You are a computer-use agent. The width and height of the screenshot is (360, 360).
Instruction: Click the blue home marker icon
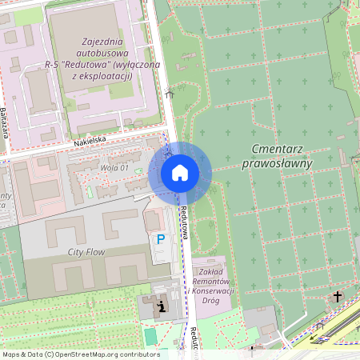point(179,173)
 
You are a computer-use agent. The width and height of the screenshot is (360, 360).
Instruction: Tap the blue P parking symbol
point(161,238)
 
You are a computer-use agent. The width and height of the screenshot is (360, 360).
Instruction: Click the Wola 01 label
point(113,167)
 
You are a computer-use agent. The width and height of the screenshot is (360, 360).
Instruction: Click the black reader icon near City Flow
point(162,305)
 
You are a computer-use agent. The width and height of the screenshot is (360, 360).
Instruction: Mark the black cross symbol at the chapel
point(337,297)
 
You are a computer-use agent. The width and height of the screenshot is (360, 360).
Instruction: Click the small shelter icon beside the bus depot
point(169,94)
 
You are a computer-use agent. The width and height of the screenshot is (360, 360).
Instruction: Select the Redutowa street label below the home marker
point(184,222)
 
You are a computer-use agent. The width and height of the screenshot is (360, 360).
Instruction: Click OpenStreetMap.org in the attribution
point(88,354)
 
